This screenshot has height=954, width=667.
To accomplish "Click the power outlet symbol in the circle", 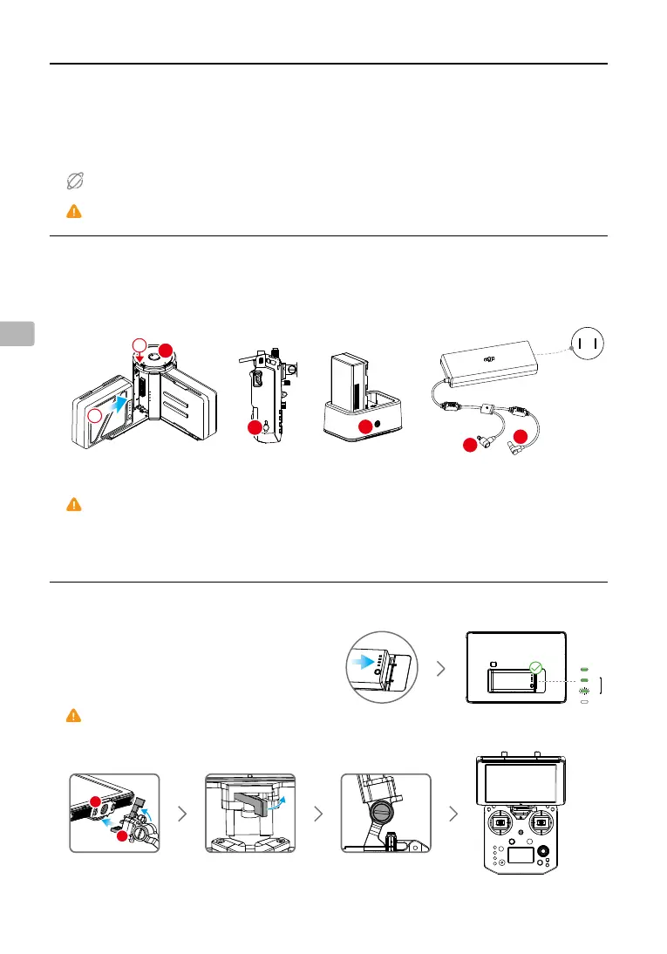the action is (586, 344).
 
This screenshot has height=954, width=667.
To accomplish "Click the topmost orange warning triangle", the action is (74, 211).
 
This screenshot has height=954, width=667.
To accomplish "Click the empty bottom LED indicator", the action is (585, 700).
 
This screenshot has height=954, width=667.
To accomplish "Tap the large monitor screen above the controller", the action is (521, 780).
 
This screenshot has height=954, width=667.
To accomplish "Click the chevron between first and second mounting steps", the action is (180, 814).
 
